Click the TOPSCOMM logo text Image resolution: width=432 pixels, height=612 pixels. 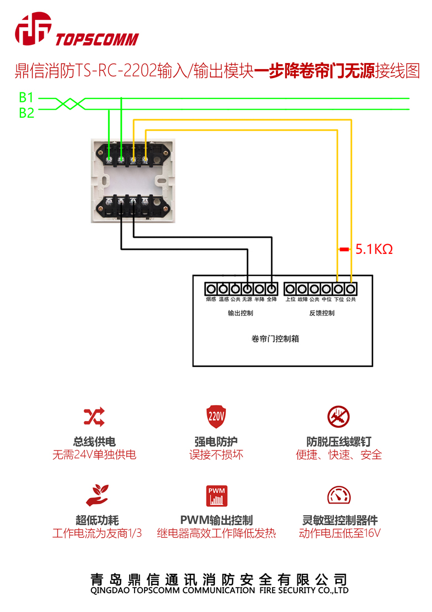(97, 39)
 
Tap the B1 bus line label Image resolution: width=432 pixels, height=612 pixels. (27, 98)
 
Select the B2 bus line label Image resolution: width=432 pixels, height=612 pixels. (27, 113)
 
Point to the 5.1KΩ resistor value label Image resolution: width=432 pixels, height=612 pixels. (374, 250)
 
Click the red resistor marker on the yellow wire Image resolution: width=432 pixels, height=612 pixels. (344, 250)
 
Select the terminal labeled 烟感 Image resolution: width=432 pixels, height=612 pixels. (210, 289)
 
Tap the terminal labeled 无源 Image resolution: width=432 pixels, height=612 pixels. (247, 289)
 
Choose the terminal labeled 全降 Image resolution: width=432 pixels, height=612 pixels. (271, 289)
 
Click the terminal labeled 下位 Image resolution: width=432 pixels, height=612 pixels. (338, 289)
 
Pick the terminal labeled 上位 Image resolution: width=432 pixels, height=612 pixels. (290, 289)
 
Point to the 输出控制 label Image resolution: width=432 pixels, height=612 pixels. (240, 313)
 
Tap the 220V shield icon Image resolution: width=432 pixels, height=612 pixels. (216, 416)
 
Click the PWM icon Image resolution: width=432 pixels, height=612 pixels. (217, 496)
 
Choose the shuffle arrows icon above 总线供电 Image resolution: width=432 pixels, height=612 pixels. (94, 416)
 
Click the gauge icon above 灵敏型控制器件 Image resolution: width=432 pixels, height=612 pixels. (338, 495)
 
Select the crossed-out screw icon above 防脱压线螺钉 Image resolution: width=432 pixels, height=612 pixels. (338, 416)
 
